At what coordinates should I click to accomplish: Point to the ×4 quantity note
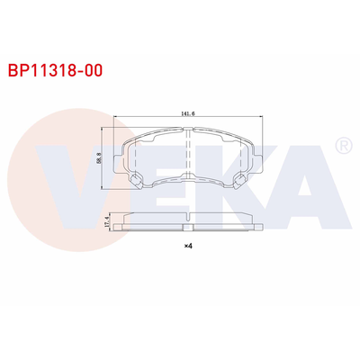pos(188,246)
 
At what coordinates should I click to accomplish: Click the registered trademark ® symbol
pos(342,145)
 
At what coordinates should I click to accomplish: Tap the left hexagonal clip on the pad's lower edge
pos(138,182)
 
